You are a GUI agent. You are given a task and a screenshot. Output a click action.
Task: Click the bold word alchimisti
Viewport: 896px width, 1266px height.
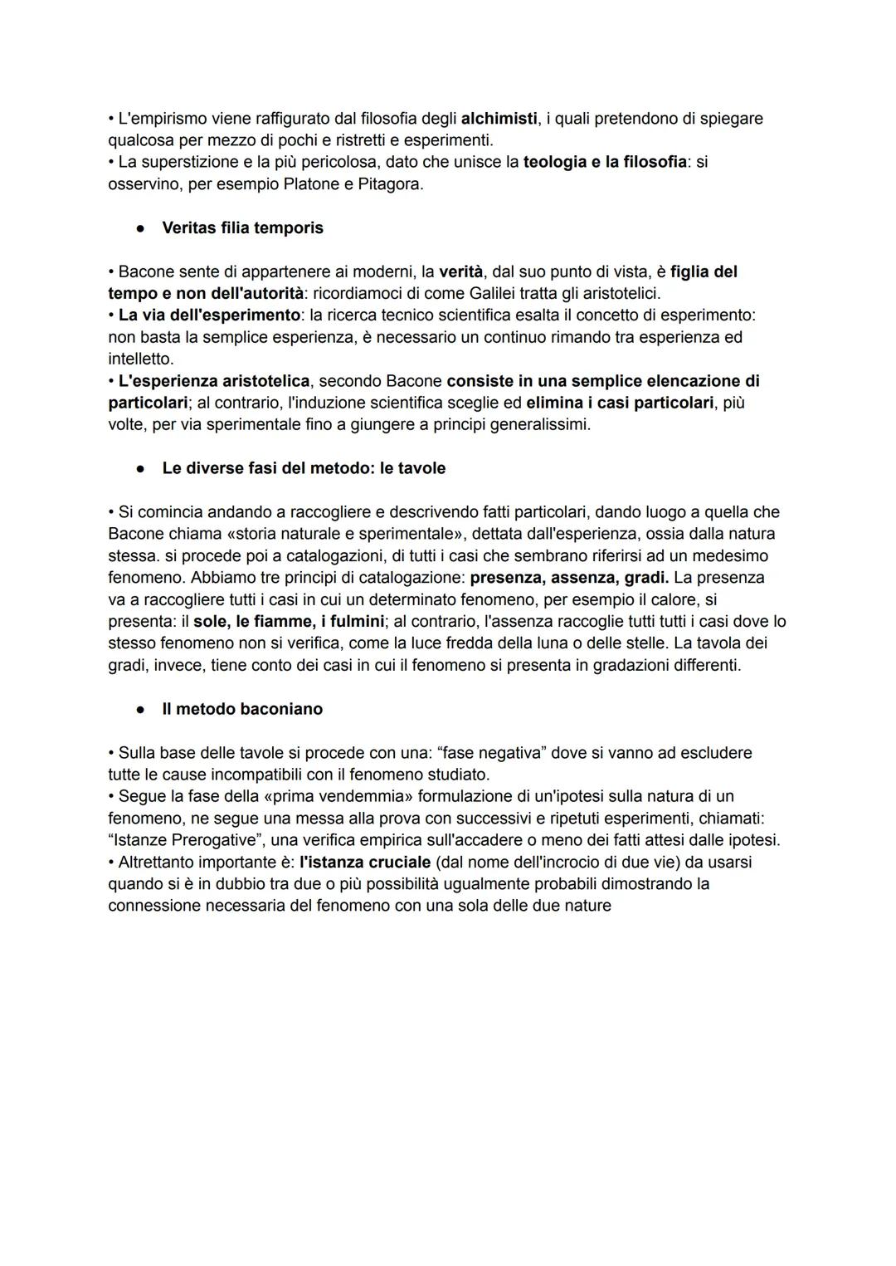coord(499,119)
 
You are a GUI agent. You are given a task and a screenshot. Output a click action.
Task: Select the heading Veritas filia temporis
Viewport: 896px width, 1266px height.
coord(242,227)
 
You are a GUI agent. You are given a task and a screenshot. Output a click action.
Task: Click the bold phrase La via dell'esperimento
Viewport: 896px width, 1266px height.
coord(209,315)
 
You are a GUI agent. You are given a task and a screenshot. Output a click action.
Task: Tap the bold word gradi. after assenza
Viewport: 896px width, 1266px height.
coord(646,577)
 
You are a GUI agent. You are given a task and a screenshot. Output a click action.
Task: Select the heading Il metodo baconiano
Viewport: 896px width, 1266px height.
coord(242,709)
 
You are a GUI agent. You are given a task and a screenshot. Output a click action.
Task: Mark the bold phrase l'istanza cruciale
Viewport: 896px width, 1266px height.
coord(365,862)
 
